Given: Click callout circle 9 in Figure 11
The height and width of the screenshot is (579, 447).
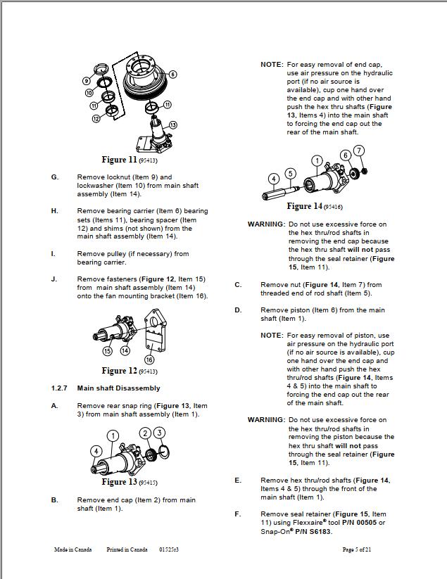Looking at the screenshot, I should [x=86, y=81].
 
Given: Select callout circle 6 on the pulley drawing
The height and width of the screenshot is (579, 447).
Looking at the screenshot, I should [x=172, y=74].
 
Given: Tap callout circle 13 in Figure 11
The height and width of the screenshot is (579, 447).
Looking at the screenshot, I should [x=172, y=125].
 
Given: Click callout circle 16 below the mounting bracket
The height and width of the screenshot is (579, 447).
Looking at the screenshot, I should [x=149, y=360].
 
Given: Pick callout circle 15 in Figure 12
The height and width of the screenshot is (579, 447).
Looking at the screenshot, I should [x=107, y=350].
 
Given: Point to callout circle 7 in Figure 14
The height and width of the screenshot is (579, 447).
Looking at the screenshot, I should [x=359, y=151].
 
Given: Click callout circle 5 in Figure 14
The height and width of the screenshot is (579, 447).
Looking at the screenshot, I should [x=290, y=173].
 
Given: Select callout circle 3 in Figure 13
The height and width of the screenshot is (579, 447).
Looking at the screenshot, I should [x=160, y=433].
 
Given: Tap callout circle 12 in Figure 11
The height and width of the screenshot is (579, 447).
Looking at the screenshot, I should [x=96, y=118].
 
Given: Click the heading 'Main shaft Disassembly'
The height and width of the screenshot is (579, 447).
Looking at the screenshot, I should [x=118, y=388].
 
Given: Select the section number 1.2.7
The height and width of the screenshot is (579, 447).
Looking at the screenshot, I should [x=59, y=388].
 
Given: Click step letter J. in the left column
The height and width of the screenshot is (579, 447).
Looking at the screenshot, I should [x=54, y=279].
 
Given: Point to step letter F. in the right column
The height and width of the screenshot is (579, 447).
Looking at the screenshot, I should [x=238, y=514].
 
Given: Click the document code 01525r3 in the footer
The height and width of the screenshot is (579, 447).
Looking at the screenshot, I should [x=169, y=549].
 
